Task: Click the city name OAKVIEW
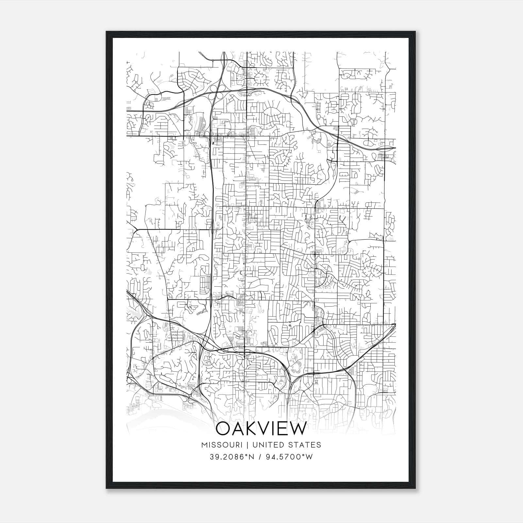[261, 429]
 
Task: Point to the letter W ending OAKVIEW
[297, 429]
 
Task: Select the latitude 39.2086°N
[233, 457]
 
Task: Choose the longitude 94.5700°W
[290, 457]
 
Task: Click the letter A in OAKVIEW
[237, 429]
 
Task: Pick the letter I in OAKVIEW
[272, 429]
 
